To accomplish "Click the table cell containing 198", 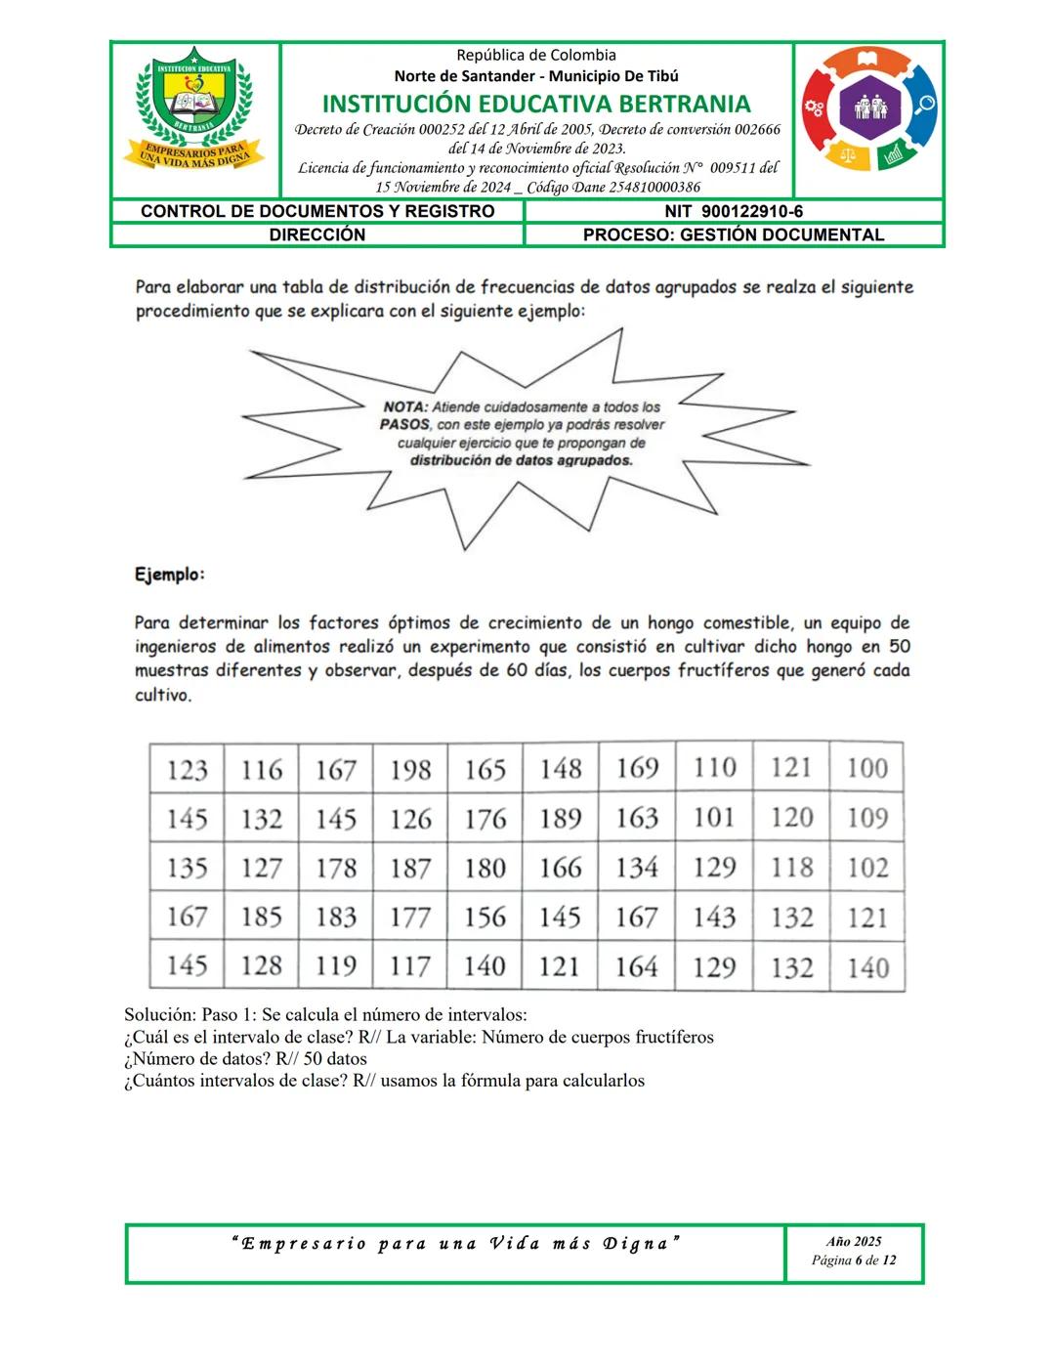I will pyautogui.click(x=410, y=770).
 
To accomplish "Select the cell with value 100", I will pyautogui.click(x=867, y=768).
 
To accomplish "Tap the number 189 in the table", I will pyautogui.click(x=561, y=819).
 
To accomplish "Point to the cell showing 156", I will pyautogui.click(x=485, y=917).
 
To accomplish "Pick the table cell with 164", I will pyautogui.click(x=636, y=966).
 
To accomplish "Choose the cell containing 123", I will pyautogui.click(x=187, y=770).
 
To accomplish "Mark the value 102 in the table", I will pyautogui.click(x=867, y=868).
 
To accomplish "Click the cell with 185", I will pyautogui.click(x=262, y=917).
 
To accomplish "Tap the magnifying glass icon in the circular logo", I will pyautogui.click(x=923, y=106).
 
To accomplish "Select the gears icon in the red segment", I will pyautogui.click(x=815, y=107).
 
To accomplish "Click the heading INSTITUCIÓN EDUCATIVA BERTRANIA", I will pyautogui.click(x=536, y=104).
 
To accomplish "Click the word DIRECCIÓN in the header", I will pyautogui.click(x=317, y=235).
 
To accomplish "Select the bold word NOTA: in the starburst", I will pyautogui.click(x=404, y=406).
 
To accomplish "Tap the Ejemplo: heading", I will pyautogui.click(x=170, y=574).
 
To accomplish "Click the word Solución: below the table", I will pyautogui.click(x=160, y=1014).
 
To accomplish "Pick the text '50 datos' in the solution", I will pyautogui.click(x=335, y=1058).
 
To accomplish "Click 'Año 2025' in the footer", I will pyautogui.click(x=854, y=1241).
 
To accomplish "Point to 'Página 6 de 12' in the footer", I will pyautogui.click(x=854, y=1260).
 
